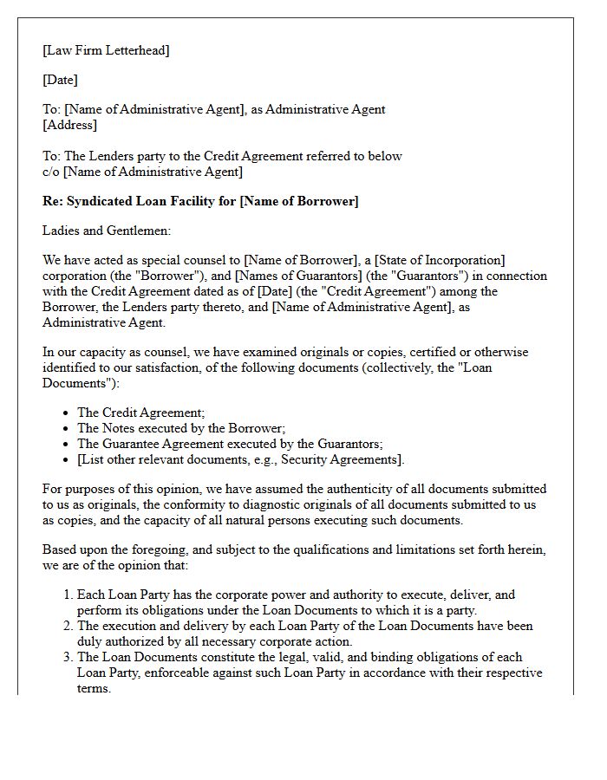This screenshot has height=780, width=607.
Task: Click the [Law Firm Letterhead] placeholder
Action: [x=106, y=50]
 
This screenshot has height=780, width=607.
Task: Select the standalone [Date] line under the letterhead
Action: [x=60, y=80]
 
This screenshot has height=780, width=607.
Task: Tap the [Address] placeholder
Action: [x=69, y=125]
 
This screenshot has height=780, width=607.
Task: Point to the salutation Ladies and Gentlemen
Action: [x=107, y=231]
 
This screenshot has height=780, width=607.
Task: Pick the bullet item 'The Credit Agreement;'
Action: [x=141, y=413]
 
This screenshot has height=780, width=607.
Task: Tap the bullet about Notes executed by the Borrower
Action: [x=181, y=428]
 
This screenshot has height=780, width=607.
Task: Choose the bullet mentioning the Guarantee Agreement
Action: [x=230, y=444]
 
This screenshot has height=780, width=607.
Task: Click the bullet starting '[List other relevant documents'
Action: [x=240, y=459]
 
